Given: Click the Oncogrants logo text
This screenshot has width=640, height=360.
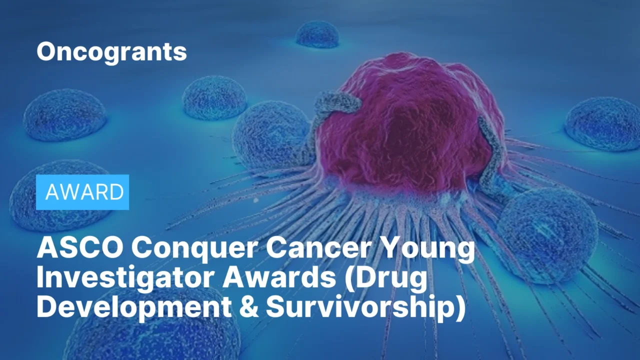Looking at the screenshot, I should [111, 51].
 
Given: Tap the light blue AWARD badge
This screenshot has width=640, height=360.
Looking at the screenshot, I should [82, 192].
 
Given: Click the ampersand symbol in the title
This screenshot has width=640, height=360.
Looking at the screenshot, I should [245, 306].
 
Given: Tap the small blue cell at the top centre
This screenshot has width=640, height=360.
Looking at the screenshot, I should [317, 35].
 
